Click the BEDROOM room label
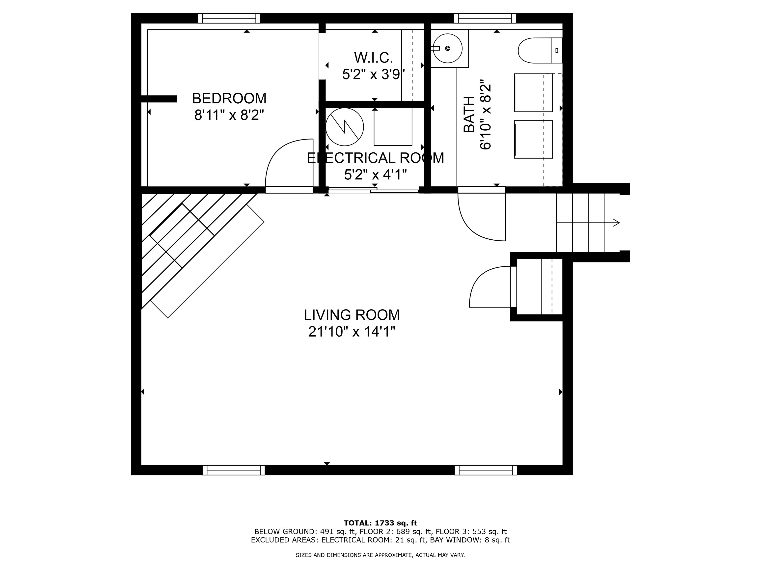[x=229, y=98]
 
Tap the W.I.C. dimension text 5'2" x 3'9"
[x=373, y=74]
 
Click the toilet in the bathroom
[x=537, y=50]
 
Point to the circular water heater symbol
[x=344, y=127]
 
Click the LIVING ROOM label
[x=352, y=315]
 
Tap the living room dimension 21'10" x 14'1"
[x=352, y=332]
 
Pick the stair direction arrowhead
[x=616, y=223]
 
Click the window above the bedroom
[x=229, y=18]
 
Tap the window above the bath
[x=485, y=18]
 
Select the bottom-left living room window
[x=234, y=470]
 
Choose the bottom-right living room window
[x=486, y=470]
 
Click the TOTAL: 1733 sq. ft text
[x=380, y=523]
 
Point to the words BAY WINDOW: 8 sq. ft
[x=470, y=540]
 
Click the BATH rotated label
[x=469, y=114]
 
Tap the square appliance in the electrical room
[x=393, y=127]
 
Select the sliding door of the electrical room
[x=373, y=189]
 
